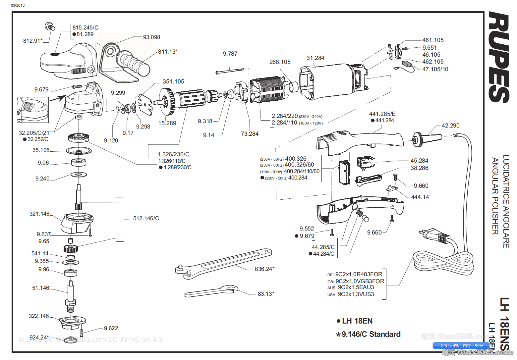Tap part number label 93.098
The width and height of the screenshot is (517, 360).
[x=151, y=37]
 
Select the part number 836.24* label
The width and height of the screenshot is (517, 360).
[x=264, y=269]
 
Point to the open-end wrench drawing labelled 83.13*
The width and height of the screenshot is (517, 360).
[x=212, y=290]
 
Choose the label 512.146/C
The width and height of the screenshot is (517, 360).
[x=146, y=219]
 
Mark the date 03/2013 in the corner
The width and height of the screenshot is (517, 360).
[x=18, y=5]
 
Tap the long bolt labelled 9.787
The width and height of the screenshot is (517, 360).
[x=230, y=71]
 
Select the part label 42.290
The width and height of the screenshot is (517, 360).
[x=450, y=126]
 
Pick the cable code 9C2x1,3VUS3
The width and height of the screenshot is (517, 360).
[x=356, y=294]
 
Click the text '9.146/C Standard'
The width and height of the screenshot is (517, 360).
[x=371, y=334]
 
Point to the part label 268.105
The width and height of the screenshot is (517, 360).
[x=280, y=62]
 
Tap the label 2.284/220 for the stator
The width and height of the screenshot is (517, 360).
[x=285, y=116]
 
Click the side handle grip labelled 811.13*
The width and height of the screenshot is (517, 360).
[x=134, y=63]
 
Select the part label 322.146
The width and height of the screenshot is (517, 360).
[x=39, y=316]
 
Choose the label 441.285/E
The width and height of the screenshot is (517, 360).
[x=382, y=114]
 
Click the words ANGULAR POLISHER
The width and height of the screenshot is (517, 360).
[x=495, y=196]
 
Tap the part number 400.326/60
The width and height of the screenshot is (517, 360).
[x=299, y=165]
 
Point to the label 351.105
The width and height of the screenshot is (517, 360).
[x=173, y=82]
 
